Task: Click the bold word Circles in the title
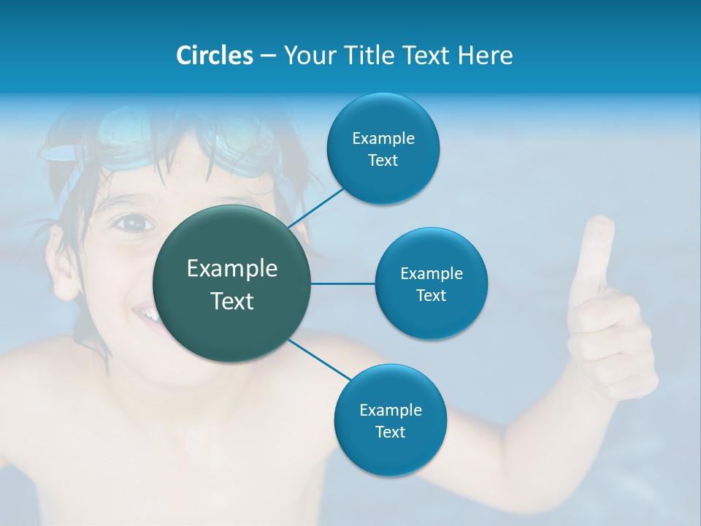pyautogui.click(x=215, y=56)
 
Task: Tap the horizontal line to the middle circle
pyautogui.click(x=342, y=283)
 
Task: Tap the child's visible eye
pyautogui.click(x=131, y=222)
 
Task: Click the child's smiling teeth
pyautogui.click(x=146, y=315)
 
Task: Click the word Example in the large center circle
pyautogui.click(x=232, y=269)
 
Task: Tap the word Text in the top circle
pyautogui.click(x=383, y=160)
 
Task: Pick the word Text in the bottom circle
pyautogui.click(x=390, y=432)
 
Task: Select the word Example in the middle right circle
pyautogui.click(x=431, y=273)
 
